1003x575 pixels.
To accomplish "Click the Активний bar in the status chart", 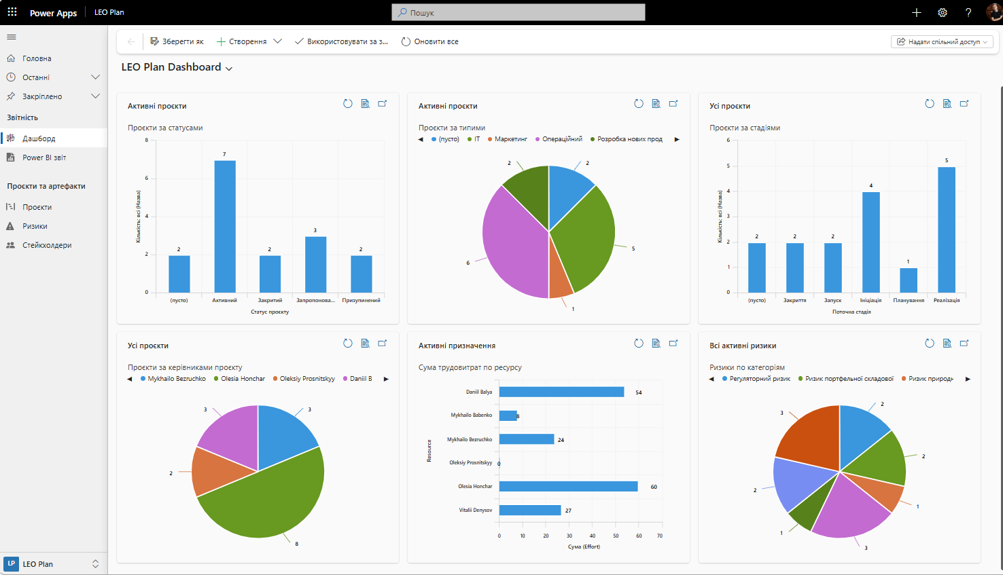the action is click(x=225, y=227).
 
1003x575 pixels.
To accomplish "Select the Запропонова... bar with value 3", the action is click(x=316, y=265).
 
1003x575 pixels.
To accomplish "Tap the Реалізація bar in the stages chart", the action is click(x=947, y=230).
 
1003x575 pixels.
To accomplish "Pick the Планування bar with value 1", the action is click(x=909, y=280).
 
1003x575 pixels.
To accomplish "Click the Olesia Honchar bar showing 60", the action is click(x=568, y=486).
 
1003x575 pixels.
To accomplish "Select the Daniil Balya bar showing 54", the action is click(x=561, y=392).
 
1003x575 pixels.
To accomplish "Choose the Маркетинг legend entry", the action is click(x=508, y=139).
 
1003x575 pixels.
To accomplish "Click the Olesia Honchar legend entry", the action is click(x=240, y=379).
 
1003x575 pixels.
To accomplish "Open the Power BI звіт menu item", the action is click(x=44, y=157).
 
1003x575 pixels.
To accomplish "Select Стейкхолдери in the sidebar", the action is click(x=47, y=245).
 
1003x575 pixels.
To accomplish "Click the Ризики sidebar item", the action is click(x=35, y=226).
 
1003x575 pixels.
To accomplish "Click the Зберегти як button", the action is click(x=177, y=41).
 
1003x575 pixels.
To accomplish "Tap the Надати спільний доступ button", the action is click(x=942, y=41).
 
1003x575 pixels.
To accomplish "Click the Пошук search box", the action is click(x=518, y=12).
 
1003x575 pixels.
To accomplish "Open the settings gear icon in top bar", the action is click(x=943, y=12).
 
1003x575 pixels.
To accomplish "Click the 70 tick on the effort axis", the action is click(x=660, y=536).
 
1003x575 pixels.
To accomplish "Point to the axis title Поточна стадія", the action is click(x=851, y=312).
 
